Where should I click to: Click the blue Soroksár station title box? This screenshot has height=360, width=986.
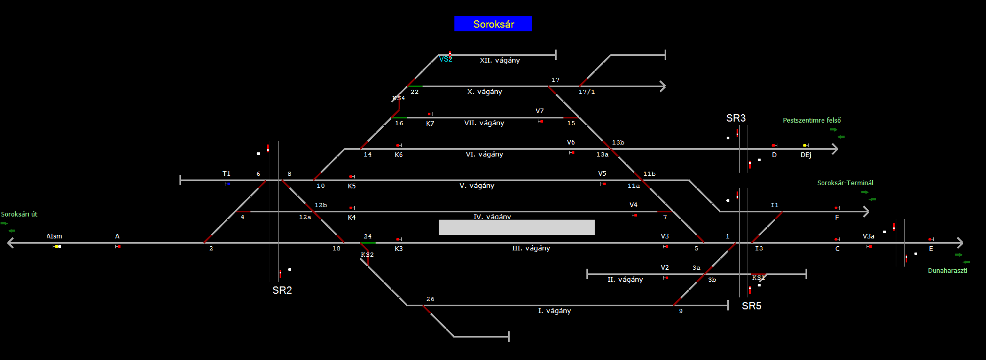[x=493, y=24]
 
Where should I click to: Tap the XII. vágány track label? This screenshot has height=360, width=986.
[x=500, y=61]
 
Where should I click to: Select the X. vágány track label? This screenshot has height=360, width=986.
[x=485, y=92]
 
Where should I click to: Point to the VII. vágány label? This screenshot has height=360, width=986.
[x=484, y=123]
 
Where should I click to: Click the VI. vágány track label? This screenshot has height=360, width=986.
[x=484, y=154]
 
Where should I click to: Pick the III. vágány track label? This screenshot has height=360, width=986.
[x=531, y=248]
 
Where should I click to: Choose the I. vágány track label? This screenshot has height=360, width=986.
[x=555, y=311]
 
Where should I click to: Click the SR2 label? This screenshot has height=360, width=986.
[x=282, y=291]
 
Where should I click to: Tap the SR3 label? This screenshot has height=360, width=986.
[x=736, y=118]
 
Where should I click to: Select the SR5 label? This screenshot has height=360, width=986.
[x=752, y=306]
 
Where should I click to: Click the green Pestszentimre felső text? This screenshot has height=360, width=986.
[x=812, y=121]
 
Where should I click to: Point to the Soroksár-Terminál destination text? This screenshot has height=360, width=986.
[x=845, y=183]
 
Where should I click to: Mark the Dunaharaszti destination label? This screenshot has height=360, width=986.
[x=947, y=271]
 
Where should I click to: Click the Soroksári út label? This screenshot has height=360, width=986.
[x=19, y=214]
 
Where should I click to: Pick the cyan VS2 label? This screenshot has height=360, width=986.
[x=446, y=59]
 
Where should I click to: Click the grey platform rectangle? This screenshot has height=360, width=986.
[x=516, y=227]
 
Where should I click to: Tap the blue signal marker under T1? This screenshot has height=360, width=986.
[x=229, y=184]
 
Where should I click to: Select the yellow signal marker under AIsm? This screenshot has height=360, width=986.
[x=56, y=246]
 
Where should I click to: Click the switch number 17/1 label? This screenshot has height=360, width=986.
[x=586, y=92]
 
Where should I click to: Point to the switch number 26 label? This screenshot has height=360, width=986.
[x=430, y=299]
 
